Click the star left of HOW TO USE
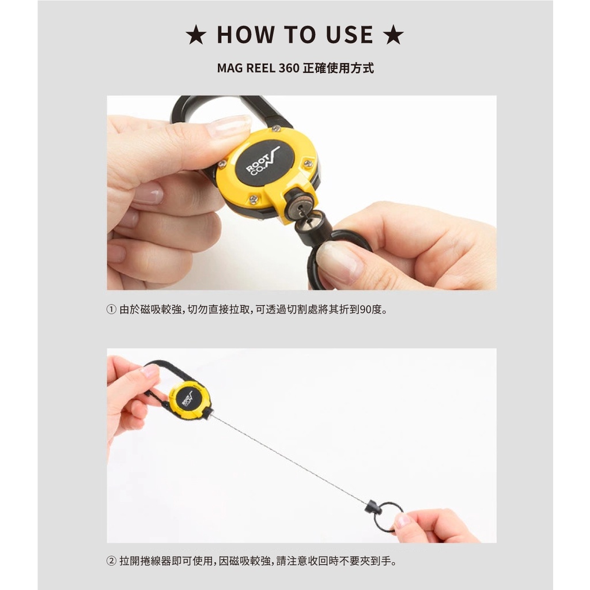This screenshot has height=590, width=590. point(196,35)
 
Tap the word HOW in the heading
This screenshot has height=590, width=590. point(246,35)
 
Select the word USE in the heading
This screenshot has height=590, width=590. point(350,35)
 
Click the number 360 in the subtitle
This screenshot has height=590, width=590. point(289,68)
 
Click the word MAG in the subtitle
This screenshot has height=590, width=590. point(230,68)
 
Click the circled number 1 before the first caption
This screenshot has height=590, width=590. point(111,309)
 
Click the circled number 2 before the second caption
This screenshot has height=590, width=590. point(111,561)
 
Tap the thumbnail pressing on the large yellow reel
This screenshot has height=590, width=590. point(228,125)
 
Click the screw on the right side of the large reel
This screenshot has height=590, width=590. point(308,163)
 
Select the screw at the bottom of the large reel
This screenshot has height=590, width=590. point(254,198)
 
